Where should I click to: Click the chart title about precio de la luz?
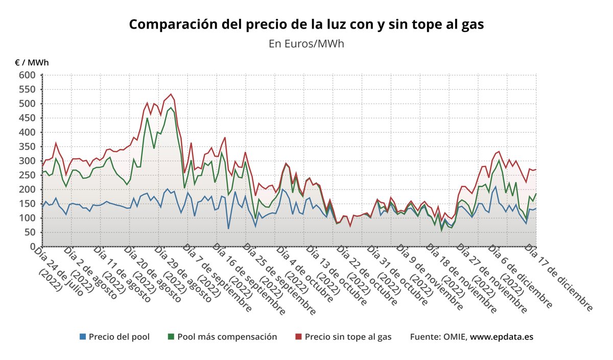coord(306,25)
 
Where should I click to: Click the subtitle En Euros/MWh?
coord(306,44)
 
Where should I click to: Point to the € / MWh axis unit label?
coord(32,63)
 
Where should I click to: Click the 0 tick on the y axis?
coord(33,247)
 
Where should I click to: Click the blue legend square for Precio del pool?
coord(83,337)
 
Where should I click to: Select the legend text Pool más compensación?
coord(227,337)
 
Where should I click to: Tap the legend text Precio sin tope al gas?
coord(348,337)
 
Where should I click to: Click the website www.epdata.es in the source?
coord(502,337)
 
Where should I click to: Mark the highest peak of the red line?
coord(171,94)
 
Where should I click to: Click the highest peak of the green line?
coord(171,108)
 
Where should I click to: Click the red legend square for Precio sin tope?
coord(299,337)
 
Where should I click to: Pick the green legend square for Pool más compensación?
coord(171,337)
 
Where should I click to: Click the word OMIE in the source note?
coord(454,337)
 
